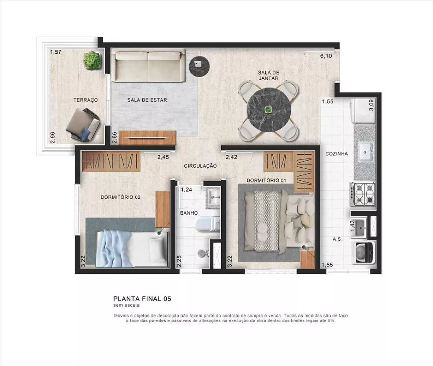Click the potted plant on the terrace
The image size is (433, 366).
pyautogui.click(x=92, y=60)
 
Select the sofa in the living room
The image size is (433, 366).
pyautogui.click(x=148, y=65)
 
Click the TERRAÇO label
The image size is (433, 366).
pyautogui.click(x=85, y=100)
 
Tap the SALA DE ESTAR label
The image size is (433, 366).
pyautogui.click(x=147, y=100)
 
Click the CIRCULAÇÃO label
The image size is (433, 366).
pyautogui.click(x=200, y=166)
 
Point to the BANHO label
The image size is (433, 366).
pyautogui.click(x=189, y=213)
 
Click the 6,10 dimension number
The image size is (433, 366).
pyautogui.click(x=326, y=56)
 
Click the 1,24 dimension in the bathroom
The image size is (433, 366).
pyautogui.click(x=186, y=190)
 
